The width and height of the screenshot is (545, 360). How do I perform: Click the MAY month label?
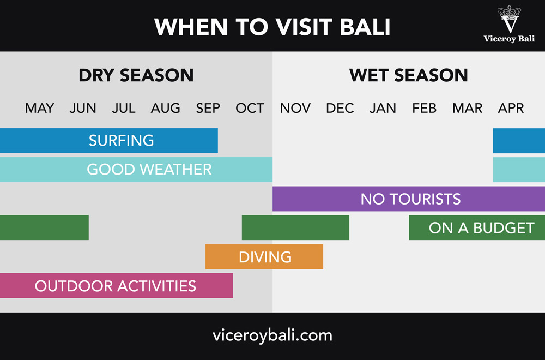click(40, 108)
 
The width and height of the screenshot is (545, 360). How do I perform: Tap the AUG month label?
click(166, 108)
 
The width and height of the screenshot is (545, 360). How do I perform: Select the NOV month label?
click(295, 108)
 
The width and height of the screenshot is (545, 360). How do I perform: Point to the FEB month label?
click(424, 108)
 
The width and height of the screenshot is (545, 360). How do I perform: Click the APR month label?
click(511, 108)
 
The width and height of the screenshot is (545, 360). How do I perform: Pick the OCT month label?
click(250, 108)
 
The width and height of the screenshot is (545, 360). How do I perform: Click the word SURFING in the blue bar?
click(122, 141)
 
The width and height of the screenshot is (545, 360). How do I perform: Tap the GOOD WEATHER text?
click(149, 170)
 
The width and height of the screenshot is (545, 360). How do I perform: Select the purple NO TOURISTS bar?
click(409, 199)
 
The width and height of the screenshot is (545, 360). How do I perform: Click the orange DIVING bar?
click(264, 257)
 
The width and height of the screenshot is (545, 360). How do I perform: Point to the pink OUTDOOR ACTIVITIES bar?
click(117, 286)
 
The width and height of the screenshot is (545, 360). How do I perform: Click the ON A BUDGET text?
click(481, 228)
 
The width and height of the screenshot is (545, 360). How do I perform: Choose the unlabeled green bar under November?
click(295, 227)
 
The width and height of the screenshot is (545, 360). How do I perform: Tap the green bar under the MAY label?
click(44, 227)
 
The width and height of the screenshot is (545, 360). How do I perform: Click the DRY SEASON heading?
click(136, 75)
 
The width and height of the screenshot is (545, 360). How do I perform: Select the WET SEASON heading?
click(409, 75)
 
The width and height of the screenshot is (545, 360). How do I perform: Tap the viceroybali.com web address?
click(272, 335)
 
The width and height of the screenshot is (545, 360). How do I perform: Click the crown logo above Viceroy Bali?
click(509, 19)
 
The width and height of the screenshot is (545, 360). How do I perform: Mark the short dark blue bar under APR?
click(519, 141)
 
